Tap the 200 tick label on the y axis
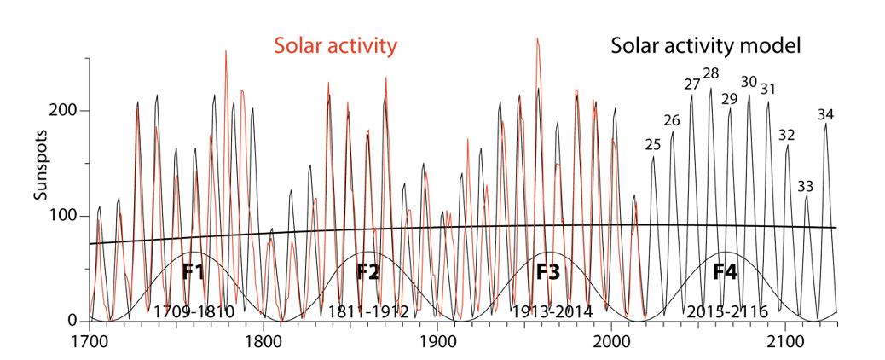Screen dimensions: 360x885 [67, 111]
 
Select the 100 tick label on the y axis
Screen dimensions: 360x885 [67, 216]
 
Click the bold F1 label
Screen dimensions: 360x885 [194, 273]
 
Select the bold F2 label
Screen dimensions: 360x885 [368, 273]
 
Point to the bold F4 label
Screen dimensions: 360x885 [726, 273]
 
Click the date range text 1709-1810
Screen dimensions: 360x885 [194, 311]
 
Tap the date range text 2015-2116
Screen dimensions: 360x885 [726, 311]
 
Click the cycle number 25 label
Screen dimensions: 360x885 [653, 145]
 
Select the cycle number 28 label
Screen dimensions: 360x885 [711, 73]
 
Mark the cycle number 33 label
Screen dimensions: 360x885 [806, 186]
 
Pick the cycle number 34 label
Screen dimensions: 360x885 [826, 114]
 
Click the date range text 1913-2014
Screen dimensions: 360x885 [551, 311]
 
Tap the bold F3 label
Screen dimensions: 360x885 [548, 273]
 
